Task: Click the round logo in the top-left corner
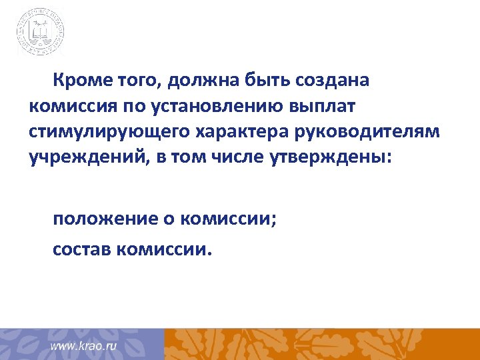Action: tap(41, 31)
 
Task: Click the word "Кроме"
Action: tap(77, 81)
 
